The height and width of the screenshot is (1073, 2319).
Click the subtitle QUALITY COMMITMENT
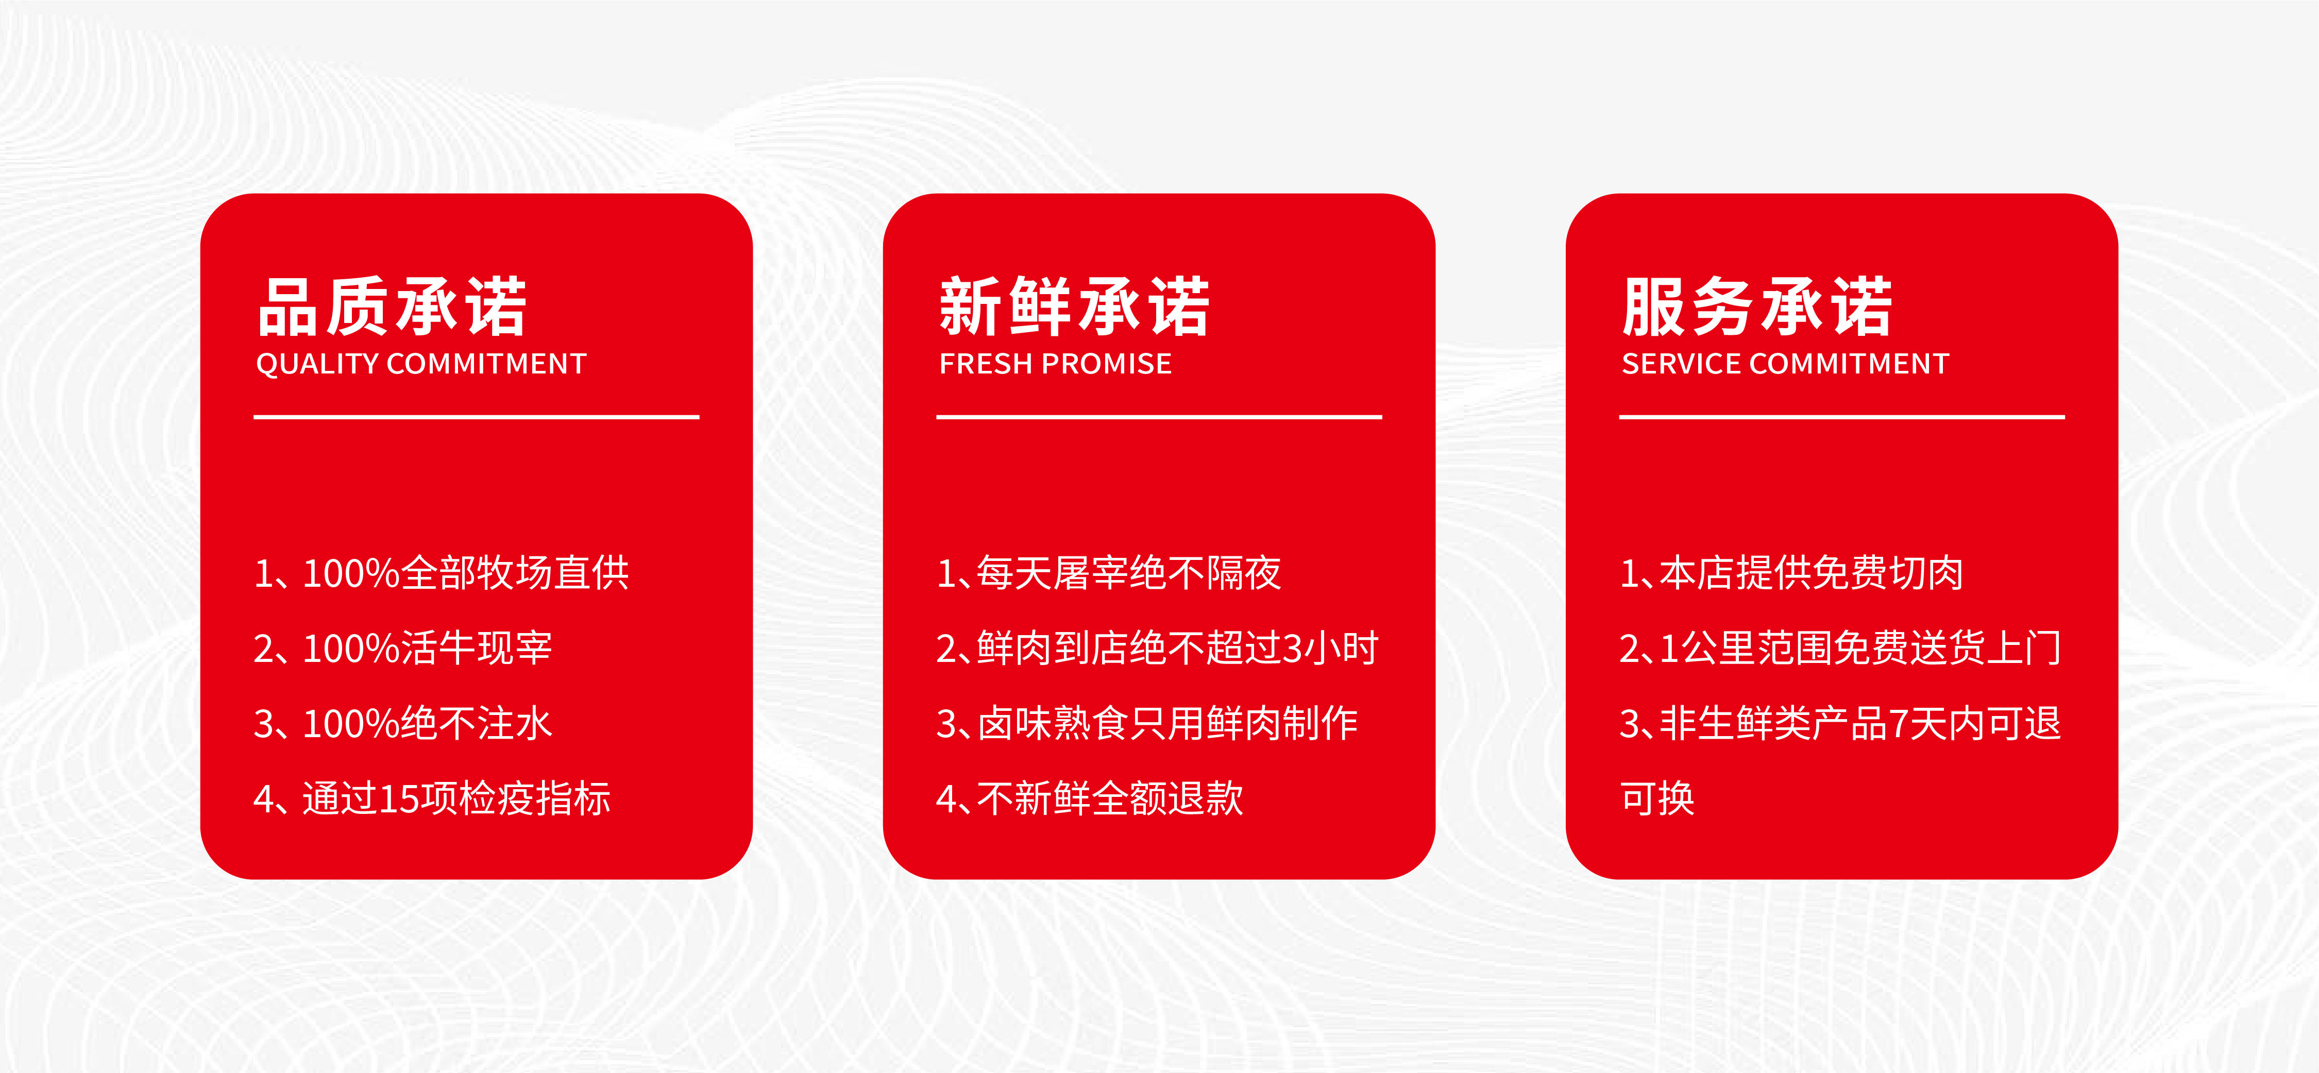click(x=421, y=364)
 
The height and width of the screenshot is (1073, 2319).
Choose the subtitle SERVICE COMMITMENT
click(x=1785, y=364)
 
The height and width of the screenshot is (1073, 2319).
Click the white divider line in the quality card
click(x=476, y=417)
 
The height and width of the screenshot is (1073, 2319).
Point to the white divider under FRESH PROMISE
click(x=1159, y=417)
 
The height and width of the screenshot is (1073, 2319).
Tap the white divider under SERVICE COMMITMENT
click(x=1842, y=417)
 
